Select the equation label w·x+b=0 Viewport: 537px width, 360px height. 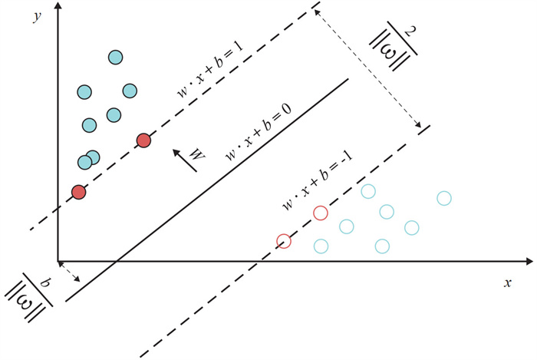coord(259,131)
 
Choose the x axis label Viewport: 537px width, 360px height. coord(507,282)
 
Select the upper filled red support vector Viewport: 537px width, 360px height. coord(143,140)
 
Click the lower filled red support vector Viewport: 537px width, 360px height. coord(77,192)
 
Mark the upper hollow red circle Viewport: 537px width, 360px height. coord(321,213)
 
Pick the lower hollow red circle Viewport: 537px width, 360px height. coord(284,241)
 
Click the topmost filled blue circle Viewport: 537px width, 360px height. coord(115,57)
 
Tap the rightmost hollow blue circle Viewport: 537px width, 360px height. coord(443,198)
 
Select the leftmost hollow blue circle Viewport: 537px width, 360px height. coord(321,246)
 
